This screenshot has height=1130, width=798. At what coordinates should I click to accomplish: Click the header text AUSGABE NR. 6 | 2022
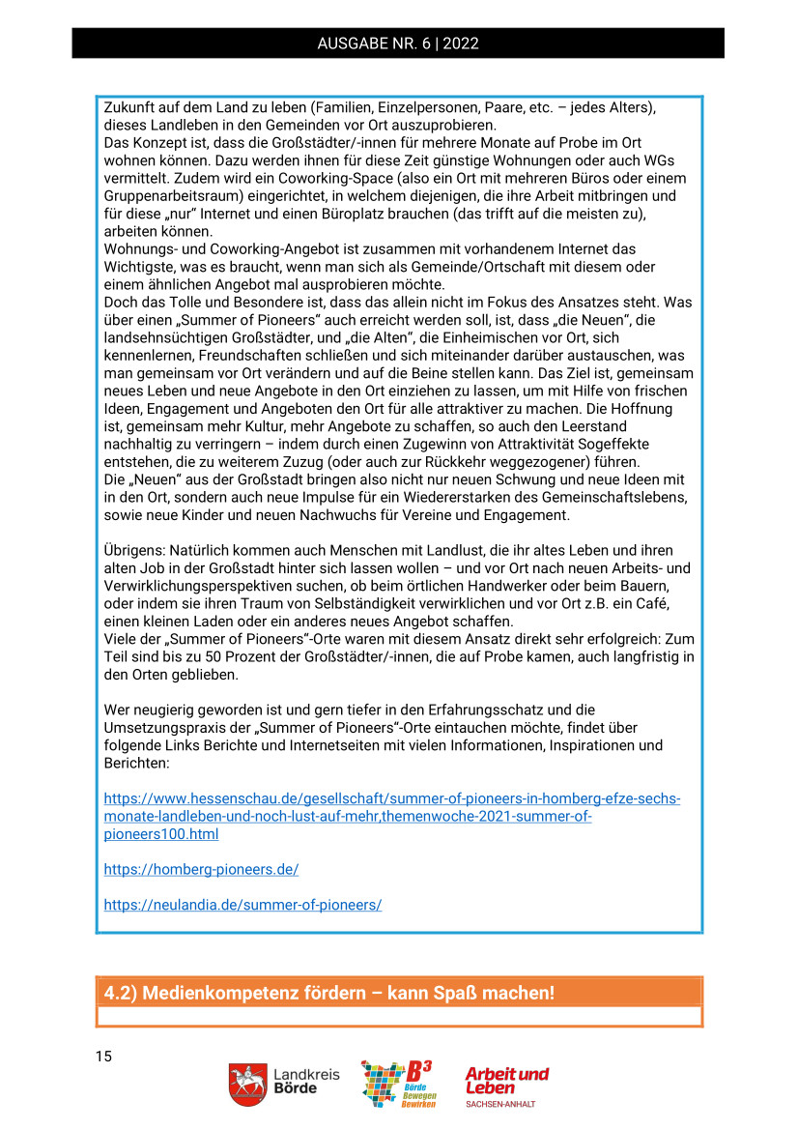pos(398,43)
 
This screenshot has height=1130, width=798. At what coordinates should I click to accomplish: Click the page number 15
pos(103,1057)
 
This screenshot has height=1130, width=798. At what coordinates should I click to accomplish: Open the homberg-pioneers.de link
pos(201,869)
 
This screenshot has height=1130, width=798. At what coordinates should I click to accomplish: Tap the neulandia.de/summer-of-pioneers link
pos(242,905)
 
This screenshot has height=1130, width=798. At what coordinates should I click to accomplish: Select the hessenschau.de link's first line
pos(392,799)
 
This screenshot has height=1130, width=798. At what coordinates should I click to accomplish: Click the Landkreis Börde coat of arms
pos(248,1084)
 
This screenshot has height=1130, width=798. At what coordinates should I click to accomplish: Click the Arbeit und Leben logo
pos(506,1080)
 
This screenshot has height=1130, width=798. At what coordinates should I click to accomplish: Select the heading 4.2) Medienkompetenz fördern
pos(329,993)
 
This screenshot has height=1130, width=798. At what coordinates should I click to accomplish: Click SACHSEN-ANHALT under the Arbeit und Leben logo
pos(500,1103)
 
